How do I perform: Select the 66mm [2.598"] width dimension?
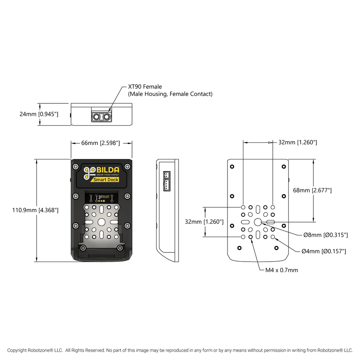[x=100, y=143]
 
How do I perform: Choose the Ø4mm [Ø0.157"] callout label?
[x=323, y=251]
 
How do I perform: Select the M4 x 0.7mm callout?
[x=282, y=270]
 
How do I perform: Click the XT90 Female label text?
[x=145, y=87]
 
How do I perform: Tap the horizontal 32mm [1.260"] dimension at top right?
[x=298, y=142]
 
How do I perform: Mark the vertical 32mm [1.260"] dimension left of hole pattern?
[x=204, y=222]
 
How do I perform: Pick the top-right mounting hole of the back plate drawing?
[x=284, y=166]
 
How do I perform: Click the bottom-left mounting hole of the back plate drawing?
[x=239, y=248]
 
